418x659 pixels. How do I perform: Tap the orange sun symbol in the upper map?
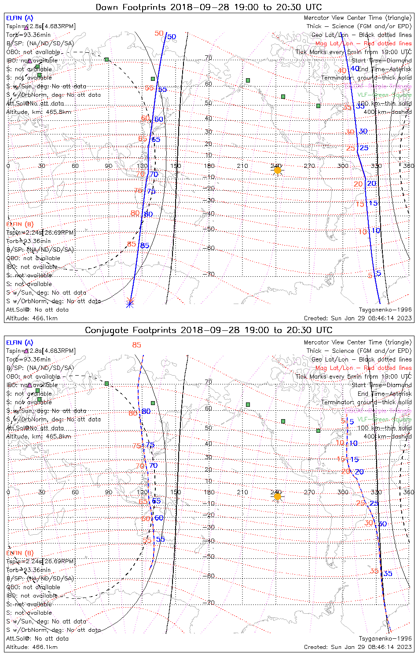277,170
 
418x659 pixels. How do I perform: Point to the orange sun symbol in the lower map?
277,496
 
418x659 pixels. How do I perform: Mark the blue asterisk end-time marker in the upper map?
130,303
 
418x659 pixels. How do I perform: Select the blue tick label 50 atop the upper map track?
172,37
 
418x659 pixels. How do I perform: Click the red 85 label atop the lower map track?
136,345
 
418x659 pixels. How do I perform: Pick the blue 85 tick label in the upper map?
145,246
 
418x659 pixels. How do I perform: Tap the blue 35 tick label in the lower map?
388,573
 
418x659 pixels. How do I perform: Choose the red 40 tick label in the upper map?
342,71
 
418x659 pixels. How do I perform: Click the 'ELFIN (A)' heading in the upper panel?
20,18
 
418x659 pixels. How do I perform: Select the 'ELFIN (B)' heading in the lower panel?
20,553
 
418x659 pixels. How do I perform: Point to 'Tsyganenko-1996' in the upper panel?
385,310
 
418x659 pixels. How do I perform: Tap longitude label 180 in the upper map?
209,166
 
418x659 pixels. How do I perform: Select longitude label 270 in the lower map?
309,492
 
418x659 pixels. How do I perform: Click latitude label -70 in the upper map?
210,274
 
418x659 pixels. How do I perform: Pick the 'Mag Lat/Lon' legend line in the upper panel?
363,43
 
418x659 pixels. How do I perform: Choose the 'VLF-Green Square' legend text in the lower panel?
384,420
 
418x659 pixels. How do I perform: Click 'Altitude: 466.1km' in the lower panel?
32,647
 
